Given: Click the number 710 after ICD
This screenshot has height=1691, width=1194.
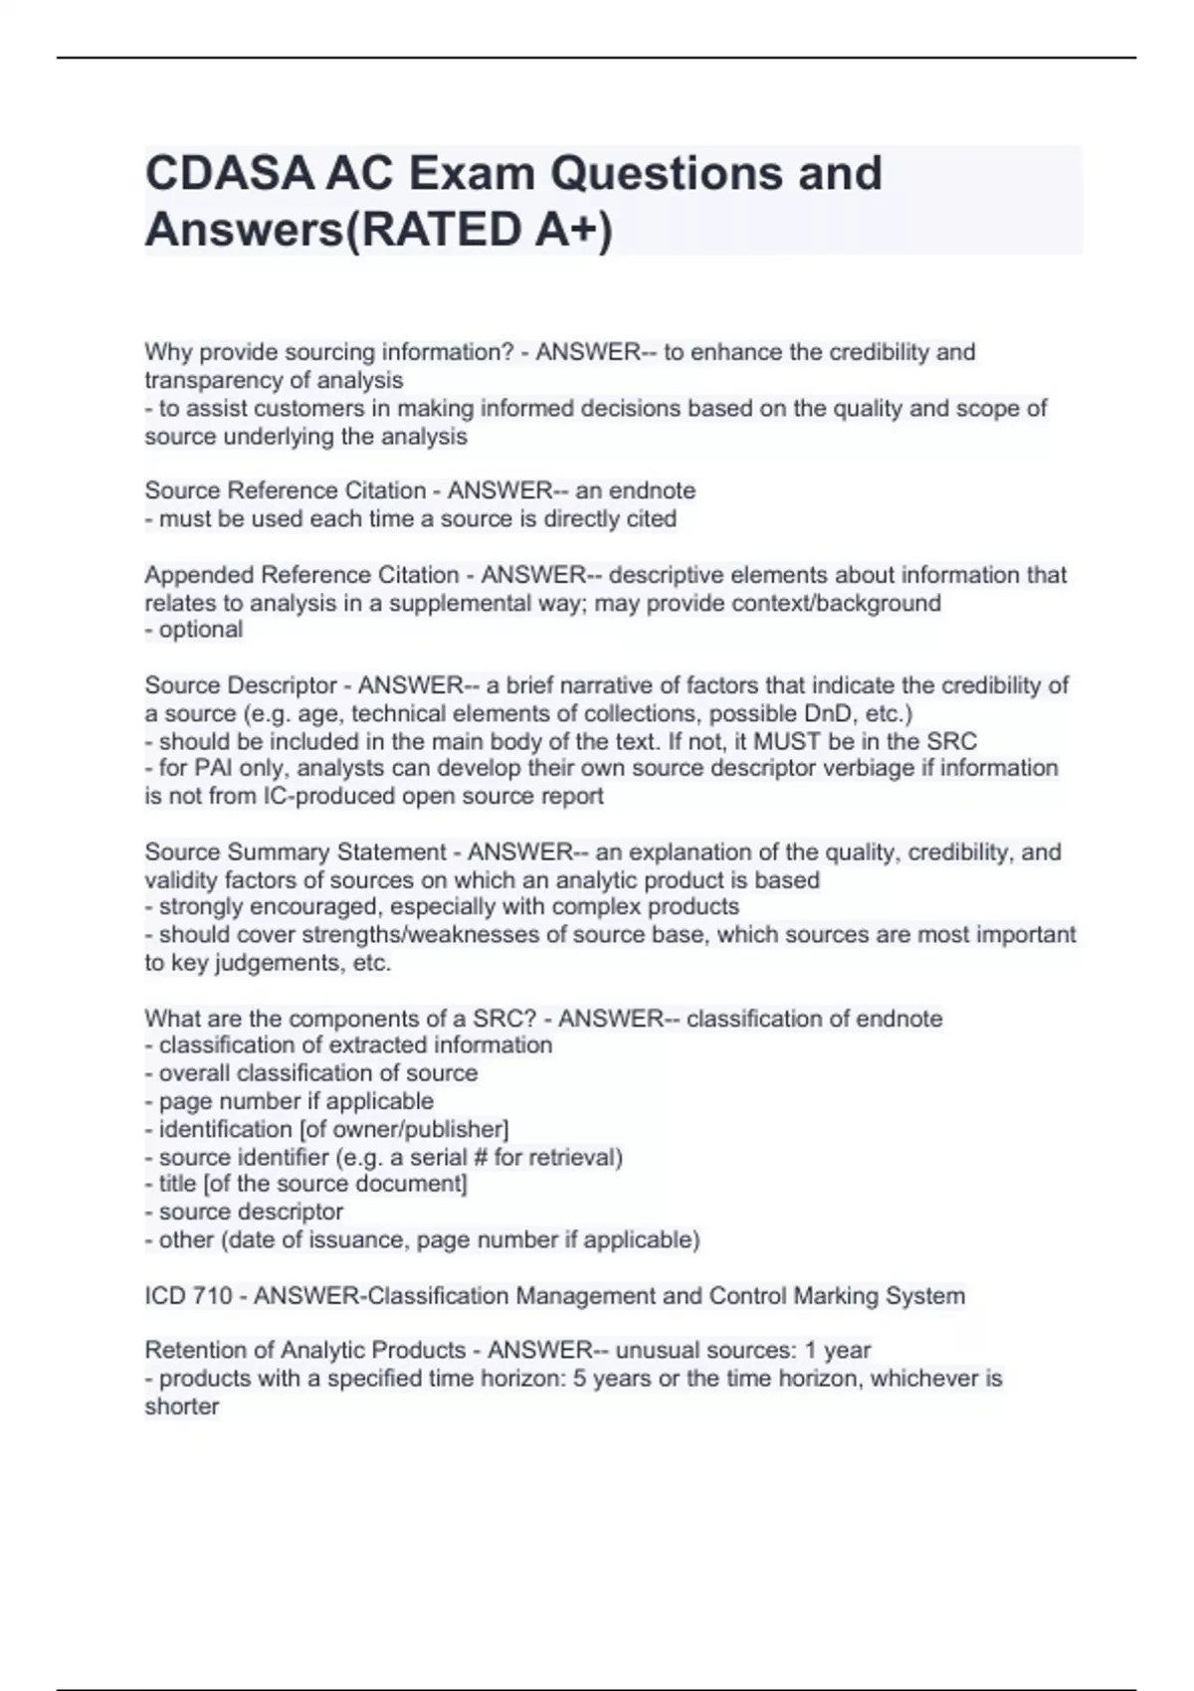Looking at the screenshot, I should click(215, 1296).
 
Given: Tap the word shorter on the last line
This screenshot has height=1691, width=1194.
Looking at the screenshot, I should click(181, 1407).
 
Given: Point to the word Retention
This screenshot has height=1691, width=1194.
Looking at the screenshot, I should click(192, 1350).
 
